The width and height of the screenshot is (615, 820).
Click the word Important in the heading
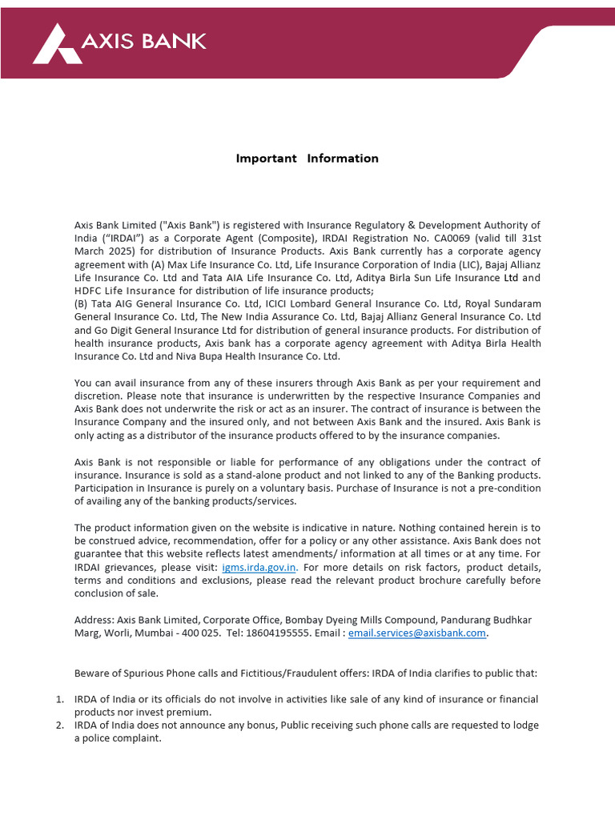click(x=266, y=159)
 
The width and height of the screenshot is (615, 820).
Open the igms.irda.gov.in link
click(x=259, y=567)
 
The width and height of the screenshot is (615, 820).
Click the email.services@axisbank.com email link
click(x=417, y=633)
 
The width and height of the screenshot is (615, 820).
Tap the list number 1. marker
click(x=60, y=699)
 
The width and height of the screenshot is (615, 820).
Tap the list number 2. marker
click(x=60, y=726)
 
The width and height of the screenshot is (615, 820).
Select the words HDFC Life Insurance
click(x=125, y=291)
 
